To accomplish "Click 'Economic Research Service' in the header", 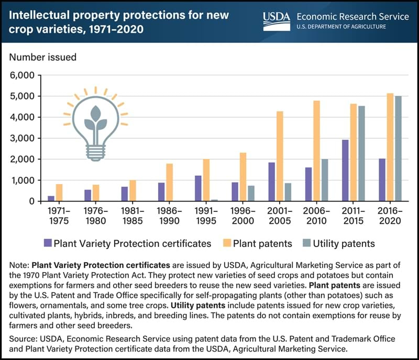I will click(352, 17).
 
